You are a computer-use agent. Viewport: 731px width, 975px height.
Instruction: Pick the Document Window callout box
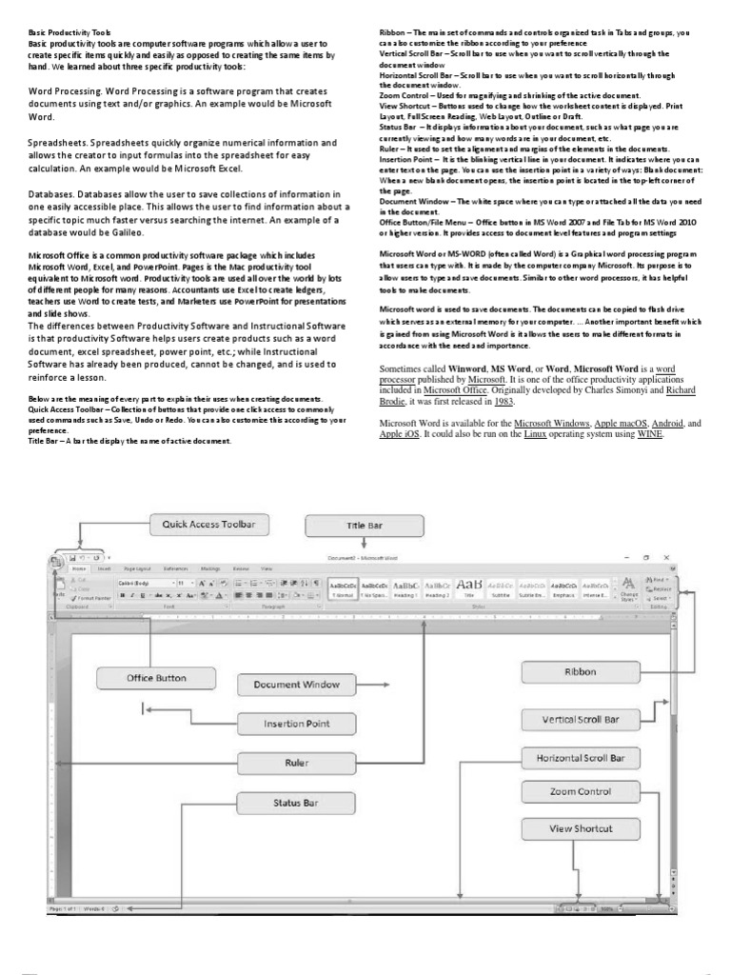(x=288, y=684)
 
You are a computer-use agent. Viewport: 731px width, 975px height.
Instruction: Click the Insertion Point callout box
(x=296, y=724)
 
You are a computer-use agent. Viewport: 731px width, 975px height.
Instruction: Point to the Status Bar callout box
(x=295, y=803)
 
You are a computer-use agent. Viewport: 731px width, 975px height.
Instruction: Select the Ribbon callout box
(x=580, y=672)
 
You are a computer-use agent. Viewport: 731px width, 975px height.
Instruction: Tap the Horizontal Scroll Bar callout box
(x=580, y=758)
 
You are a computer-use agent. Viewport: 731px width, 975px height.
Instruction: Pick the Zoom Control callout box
(x=580, y=791)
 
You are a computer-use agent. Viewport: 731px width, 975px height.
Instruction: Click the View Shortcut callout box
(x=580, y=828)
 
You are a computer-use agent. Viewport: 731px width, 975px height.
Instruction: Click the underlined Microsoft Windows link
(x=553, y=422)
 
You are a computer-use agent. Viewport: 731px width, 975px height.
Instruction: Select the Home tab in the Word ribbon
(x=81, y=567)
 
